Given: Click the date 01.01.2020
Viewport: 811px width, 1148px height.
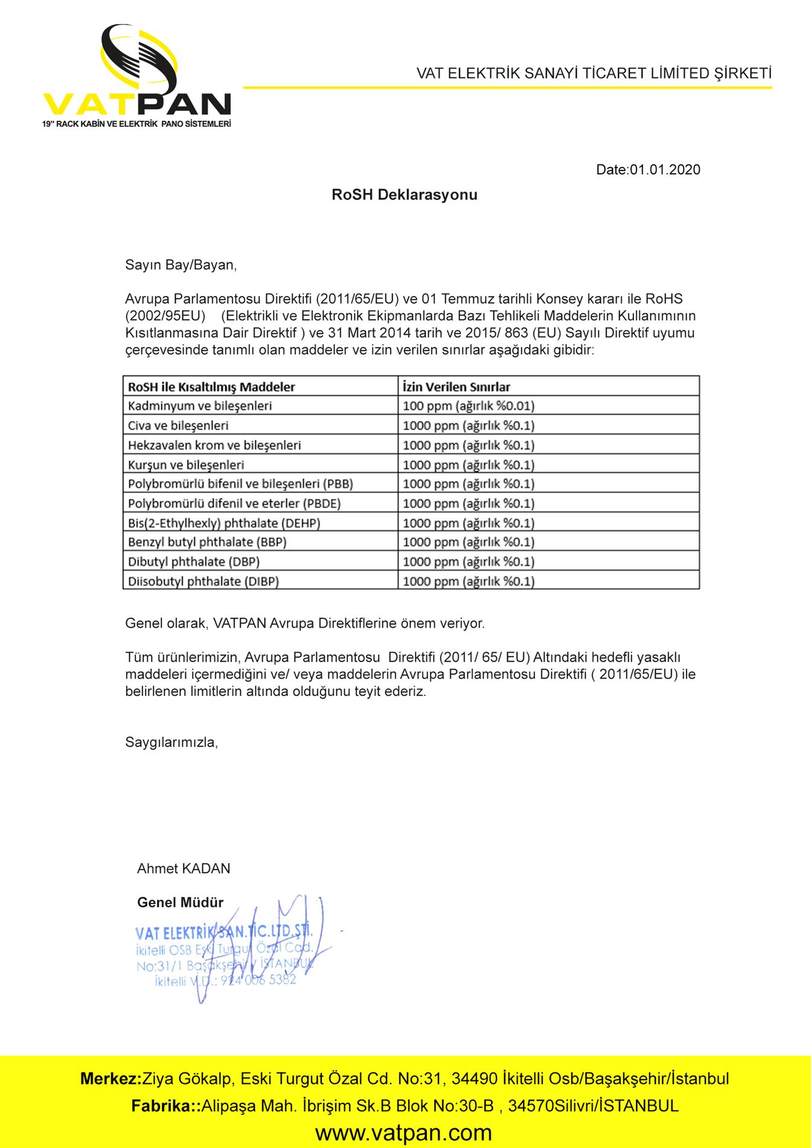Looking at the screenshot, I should (648, 170).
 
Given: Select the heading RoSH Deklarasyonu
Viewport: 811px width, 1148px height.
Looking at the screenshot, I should (404, 195).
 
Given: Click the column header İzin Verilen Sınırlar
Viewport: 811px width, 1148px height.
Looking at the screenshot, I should (457, 387).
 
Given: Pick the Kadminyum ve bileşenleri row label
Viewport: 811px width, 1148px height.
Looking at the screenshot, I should (200, 406).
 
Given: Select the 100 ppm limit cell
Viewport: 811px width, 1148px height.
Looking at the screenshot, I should (468, 406).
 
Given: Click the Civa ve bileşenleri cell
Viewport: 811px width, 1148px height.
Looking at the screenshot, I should (178, 425).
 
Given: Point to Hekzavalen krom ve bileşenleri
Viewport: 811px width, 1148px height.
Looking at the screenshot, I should (214, 445).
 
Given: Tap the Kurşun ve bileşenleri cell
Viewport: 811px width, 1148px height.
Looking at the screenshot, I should (186, 465).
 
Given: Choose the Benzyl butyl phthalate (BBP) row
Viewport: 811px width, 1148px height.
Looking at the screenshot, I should (207, 542).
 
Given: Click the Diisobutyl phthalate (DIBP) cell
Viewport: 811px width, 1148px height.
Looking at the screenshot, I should (204, 582).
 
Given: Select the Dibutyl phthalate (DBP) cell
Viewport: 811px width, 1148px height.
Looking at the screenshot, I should (194, 562).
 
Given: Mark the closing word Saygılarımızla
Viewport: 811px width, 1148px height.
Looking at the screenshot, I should (171, 742).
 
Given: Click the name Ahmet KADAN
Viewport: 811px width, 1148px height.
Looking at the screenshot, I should (184, 869).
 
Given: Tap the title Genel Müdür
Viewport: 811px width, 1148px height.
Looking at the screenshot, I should (180, 903).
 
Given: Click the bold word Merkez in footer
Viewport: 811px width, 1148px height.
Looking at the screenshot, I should (110, 1079).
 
